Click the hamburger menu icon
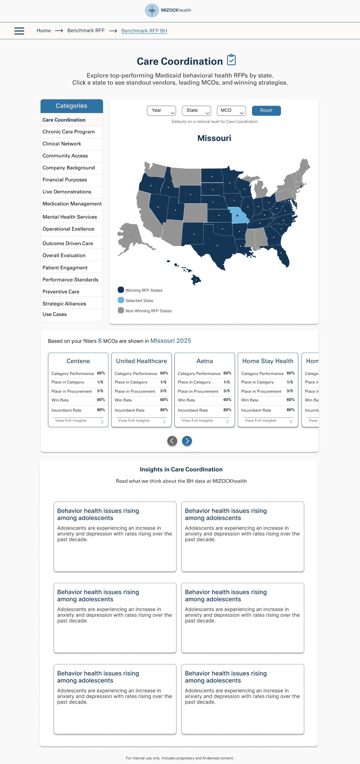[x=19, y=31]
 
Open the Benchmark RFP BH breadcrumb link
[x=144, y=31]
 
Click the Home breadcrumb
[x=44, y=31]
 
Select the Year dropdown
[x=161, y=111]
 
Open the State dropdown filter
[x=196, y=111]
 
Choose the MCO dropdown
[x=231, y=111]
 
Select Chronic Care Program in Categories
[x=69, y=132]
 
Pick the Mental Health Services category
[x=70, y=217]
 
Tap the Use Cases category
[x=55, y=314]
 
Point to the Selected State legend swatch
[x=121, y=300]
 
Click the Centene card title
[x=78, y=361]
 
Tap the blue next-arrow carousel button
[x=187, y=441]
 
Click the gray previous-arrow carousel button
[x=172, y=441]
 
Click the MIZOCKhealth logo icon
[x=152, y=10]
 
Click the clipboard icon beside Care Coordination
[x=231, y=60]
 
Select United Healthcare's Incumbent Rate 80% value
[x=164, y=410]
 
